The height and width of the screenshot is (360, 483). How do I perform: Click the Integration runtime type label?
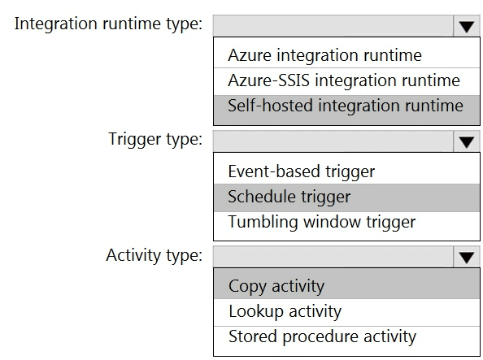click(108, 24)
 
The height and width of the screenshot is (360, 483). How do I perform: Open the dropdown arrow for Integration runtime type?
click(467, 26)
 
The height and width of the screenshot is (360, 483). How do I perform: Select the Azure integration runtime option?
click(324, 55)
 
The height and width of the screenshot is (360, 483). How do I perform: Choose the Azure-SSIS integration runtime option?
click(344, 80)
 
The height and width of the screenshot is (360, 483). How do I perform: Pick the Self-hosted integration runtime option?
click(346, 106)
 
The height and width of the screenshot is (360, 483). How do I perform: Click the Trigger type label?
click(155, 140)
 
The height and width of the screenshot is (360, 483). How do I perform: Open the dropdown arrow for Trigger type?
click(467, 141)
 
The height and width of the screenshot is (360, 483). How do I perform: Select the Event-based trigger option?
click(301, 171)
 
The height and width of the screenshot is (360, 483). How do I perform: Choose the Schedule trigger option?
click(289, 197)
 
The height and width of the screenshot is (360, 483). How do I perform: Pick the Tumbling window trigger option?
click(321, 222)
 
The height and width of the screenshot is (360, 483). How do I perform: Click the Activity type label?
click(154, 255)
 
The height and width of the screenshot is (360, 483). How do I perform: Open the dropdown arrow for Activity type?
click(467, 257)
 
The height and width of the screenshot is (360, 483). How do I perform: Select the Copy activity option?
click(276, 287)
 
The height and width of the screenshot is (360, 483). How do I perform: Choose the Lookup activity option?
click(285, 312)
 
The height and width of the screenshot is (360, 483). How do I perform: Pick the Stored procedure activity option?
click(322, 336)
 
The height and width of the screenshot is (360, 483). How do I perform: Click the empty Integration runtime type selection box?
click(333, 26)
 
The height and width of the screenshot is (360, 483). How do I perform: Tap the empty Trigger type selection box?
click(333, 141)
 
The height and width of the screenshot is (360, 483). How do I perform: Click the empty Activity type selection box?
click(333, 257)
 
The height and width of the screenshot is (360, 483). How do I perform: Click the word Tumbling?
click(263, 223)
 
